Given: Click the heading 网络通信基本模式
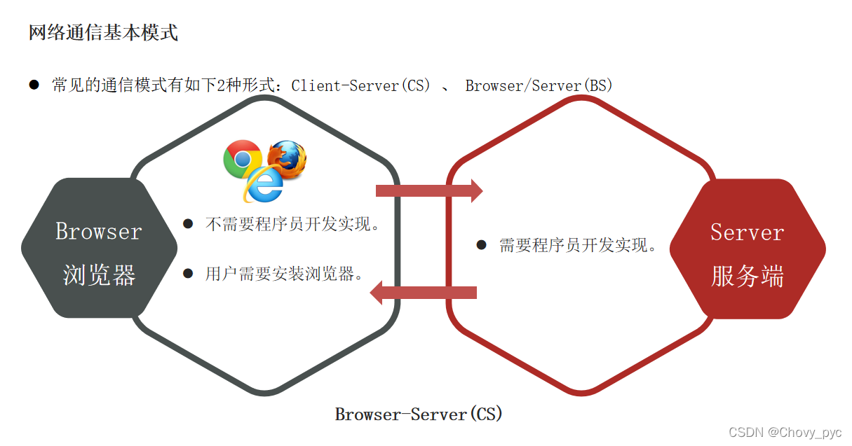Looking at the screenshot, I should point(103,33).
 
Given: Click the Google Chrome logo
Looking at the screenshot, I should point(242,158).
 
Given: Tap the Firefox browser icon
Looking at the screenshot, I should point(288,160).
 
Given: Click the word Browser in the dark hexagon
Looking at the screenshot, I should point(98,231).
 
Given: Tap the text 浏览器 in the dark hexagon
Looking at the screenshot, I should point(98,275).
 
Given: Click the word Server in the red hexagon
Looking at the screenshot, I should point(747,232).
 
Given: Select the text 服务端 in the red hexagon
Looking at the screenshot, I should point(747,277).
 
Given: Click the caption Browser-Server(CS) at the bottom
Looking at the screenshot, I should point(419,414).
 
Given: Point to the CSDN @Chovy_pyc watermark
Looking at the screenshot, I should point(785,432).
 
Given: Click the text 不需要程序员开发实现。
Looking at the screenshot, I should point(292,225).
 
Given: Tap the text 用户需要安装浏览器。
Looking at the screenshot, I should point(284,274).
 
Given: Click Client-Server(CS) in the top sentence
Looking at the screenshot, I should point(360,85).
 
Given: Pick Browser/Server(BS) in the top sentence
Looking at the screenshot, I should point(539,85).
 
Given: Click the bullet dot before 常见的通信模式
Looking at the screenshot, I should point(34,85).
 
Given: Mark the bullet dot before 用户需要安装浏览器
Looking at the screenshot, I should point(187,274).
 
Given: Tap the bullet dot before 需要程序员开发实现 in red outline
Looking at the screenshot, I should point(481,245).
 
